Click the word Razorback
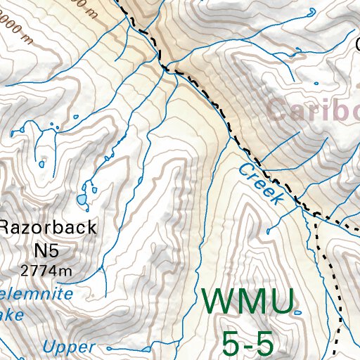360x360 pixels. (x=48, y=227)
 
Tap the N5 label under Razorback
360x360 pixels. (x=47, y=249)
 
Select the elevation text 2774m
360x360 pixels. (x=47, y=270)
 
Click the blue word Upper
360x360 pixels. (x=68, y=347)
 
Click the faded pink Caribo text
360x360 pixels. (x=314, y=110)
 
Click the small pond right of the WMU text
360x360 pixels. (x=298, y=312)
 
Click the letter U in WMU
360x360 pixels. (x=281, y=302)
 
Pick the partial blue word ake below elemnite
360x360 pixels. (x=12, y=314)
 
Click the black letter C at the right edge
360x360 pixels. (x=356, y=44)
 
